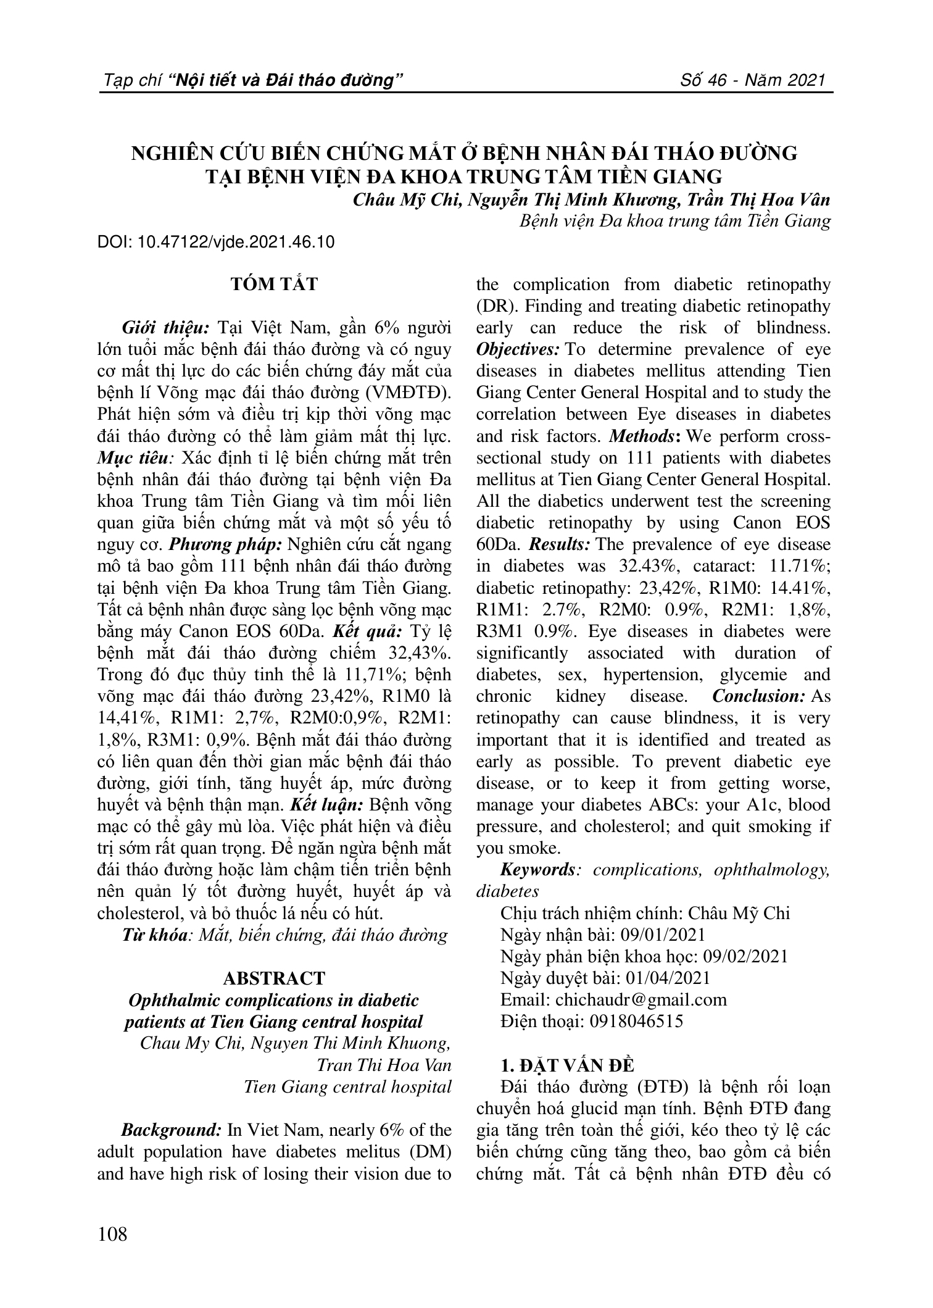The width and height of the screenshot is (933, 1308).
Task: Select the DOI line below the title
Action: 216,242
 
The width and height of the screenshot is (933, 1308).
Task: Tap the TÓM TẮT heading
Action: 274,285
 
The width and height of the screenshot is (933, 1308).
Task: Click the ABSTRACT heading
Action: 274,978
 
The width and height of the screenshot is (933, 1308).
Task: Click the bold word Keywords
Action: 537,870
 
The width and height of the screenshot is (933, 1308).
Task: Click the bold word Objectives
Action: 518,349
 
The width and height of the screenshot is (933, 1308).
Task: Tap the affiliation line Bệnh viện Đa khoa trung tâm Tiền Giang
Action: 676,221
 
